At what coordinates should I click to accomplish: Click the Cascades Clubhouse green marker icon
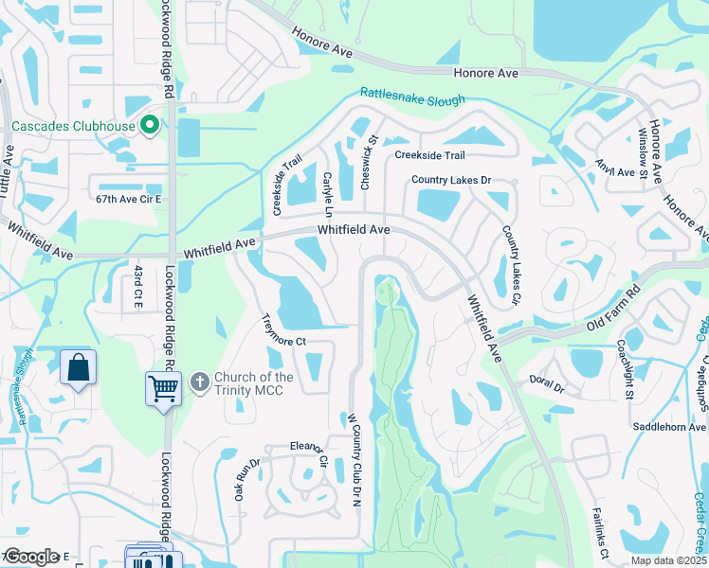[149, 125]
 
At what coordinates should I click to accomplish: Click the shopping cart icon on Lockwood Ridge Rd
[163, 388]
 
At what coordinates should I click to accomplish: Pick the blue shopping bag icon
[79, 367]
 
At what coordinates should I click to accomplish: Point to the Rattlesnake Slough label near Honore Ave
[412, 98]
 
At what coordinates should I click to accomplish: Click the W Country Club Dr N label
[356, 459]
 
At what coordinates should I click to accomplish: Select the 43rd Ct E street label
[138, 285]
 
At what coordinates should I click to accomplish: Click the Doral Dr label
[547, 388]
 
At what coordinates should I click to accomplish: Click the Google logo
[31, 557]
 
